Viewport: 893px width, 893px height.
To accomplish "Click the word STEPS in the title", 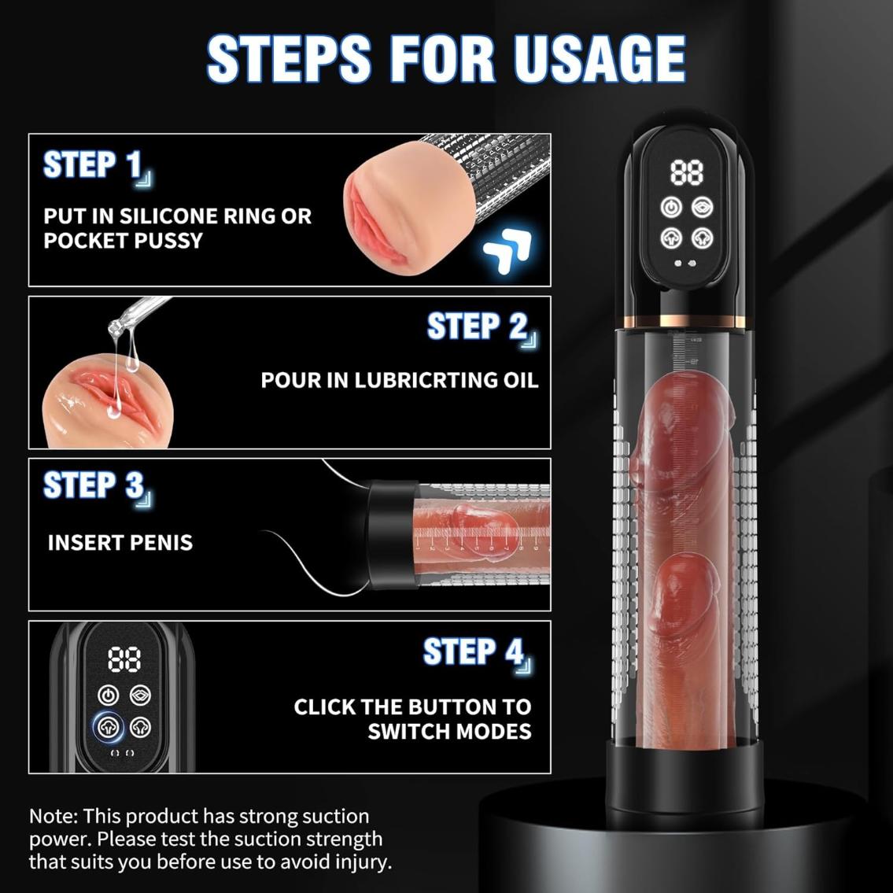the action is click(x=289, y=58).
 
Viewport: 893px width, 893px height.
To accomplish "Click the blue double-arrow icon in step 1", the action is click(x=507, y=250).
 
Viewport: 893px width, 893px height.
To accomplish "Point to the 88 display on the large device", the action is click(x=687, y=172).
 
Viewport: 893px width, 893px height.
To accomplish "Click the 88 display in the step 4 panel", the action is click(x=124, y=659).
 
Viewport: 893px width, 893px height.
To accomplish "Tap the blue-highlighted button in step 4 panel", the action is click(x=109, y=727).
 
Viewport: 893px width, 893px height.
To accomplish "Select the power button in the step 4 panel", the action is click(x=109, y=695).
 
